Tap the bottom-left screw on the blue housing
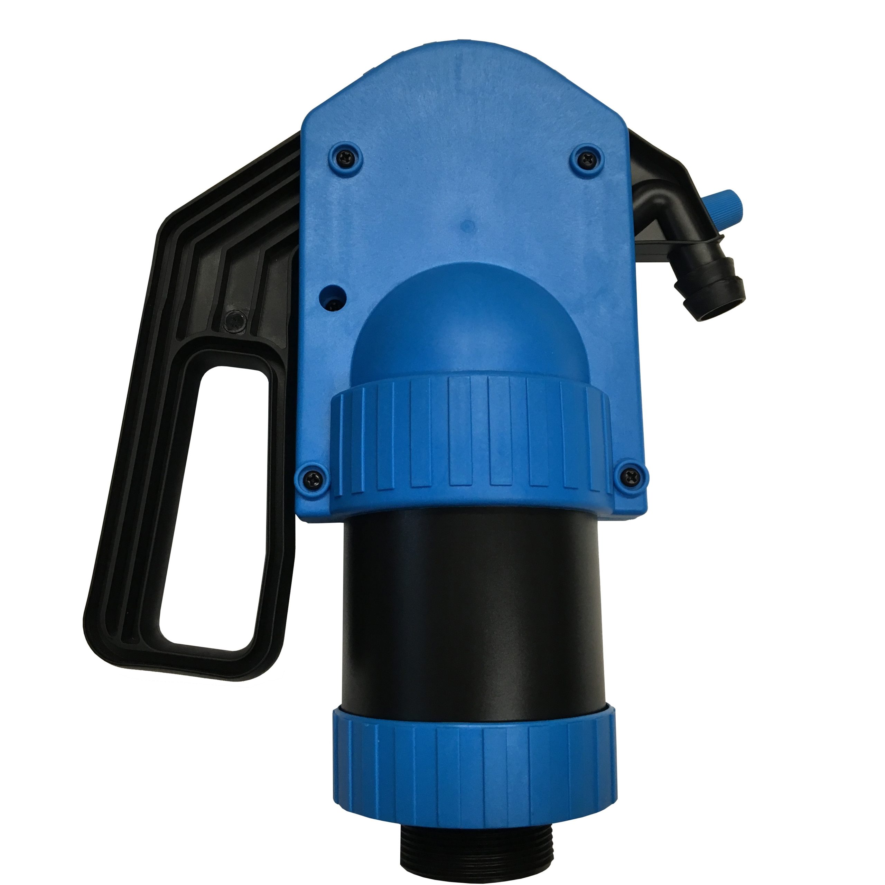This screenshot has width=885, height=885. click(314, 476)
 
